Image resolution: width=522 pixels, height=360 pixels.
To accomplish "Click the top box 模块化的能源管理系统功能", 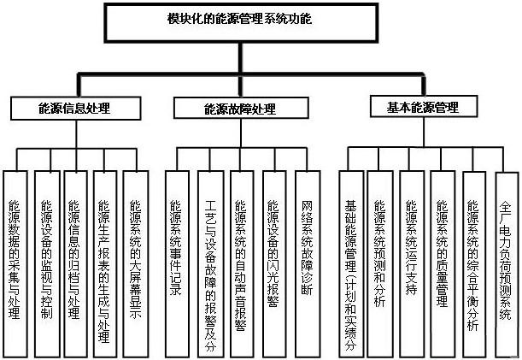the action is pos(242,23).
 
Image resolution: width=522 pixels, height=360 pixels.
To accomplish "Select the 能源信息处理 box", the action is pos(75,109).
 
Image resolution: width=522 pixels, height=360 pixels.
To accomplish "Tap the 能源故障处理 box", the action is pos(241,108).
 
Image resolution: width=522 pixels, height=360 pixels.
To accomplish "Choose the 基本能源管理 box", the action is pos(424,106).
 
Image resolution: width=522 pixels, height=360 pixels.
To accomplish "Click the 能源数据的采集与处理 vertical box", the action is pos(15,264).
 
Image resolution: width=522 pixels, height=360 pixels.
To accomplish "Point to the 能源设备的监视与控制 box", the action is pos(47,264).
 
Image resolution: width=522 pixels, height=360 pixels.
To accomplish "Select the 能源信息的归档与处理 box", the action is pos(75,264).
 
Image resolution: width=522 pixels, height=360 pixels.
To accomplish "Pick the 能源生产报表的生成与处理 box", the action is pos(105,264).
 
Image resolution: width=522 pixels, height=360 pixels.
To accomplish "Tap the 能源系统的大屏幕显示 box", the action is pos(136,264).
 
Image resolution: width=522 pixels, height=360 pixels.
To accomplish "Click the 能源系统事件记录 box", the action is pos(178,264).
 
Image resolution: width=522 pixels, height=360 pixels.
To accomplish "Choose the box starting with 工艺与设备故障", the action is pos(211,264).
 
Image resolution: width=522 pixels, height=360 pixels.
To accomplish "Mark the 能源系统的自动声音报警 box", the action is pos(242,264).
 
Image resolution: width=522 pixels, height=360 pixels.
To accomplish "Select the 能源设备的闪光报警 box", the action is pos(274,264).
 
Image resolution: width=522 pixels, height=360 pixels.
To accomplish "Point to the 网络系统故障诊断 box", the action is pos(308,264).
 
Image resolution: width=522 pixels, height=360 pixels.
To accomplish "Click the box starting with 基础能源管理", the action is pos(351,264).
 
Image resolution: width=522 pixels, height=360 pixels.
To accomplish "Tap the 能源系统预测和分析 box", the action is pos(380,264).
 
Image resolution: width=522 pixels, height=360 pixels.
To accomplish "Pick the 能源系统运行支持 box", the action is pos(412,264).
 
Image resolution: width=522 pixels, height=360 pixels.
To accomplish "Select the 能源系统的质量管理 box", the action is pos(443,264).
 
